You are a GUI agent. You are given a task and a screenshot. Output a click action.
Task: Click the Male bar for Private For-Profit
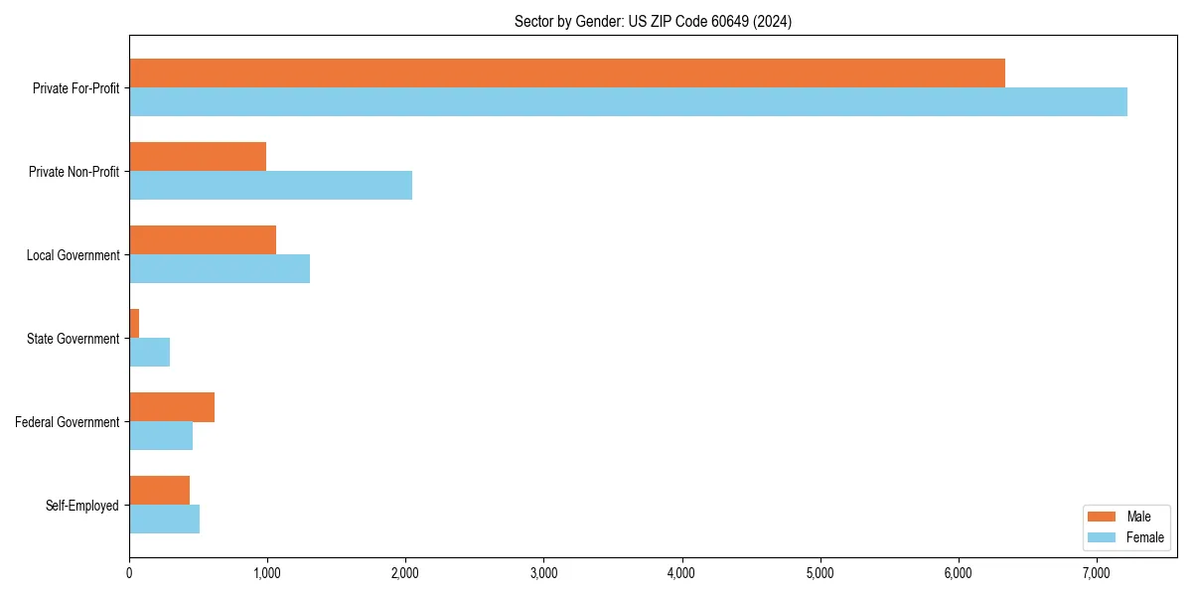[x=566, y=73]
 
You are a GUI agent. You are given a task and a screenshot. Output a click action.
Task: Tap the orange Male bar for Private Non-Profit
[x=198, y=156]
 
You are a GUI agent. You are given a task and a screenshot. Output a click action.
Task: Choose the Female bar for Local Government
[x=220, y=268]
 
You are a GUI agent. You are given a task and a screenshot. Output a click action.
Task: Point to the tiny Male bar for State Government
[x=134, y=323]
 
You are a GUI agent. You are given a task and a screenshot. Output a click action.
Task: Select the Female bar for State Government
[x=149, y=352]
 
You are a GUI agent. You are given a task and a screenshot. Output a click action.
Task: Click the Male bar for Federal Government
[x=172, y=406]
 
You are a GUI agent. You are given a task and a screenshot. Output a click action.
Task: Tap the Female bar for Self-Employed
[x=164, y=519]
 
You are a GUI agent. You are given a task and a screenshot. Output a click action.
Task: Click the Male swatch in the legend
[x=1103, y=517]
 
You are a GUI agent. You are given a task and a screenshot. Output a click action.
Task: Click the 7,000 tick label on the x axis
[x=1096, y=573]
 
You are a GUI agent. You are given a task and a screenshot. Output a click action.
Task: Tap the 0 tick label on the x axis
[x=129, y=573]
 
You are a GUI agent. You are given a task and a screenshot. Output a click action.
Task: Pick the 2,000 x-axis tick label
[x=405, y=573]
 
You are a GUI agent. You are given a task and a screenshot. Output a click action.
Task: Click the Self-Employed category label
[x=82, y=506]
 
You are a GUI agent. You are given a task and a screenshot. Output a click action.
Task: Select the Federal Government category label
[x=68, y=422]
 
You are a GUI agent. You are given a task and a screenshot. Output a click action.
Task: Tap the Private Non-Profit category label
[x=74, y=172]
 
